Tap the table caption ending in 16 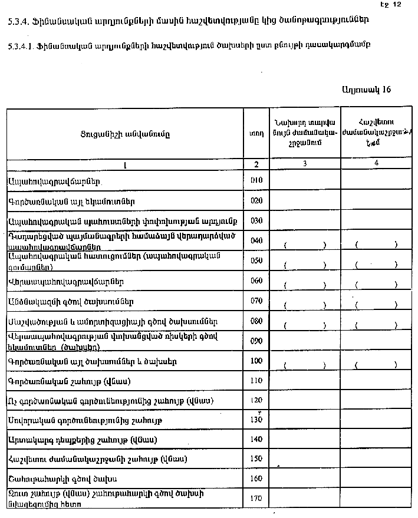366,90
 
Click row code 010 256,180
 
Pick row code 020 256,200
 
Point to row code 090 256,341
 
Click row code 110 256,381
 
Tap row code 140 256,440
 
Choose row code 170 256,499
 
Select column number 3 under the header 304,164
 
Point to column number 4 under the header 376,163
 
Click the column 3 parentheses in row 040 304,245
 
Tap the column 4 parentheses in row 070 376,305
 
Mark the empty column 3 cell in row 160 304,478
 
